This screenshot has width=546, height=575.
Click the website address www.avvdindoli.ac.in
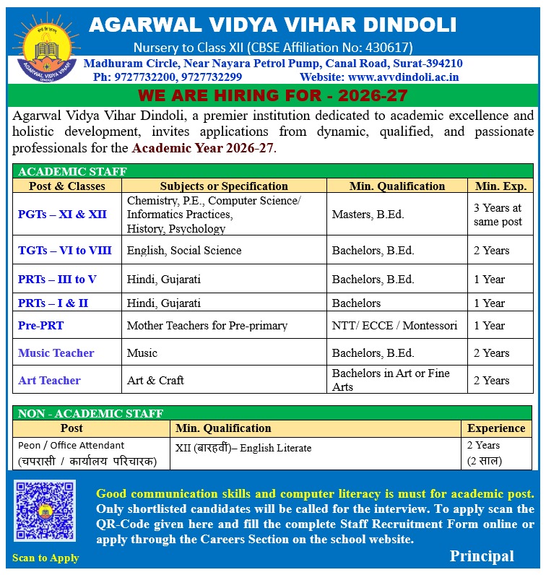pos(403,77)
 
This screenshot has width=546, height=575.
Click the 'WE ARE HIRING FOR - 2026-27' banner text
pos(273,95)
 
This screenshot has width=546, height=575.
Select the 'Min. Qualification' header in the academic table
pos(397,186)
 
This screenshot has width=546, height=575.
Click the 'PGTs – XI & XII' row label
pos(62,215)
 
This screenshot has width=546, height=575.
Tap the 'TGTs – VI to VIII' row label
pos(65,251)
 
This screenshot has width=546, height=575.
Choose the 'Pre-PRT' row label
pos(41,326)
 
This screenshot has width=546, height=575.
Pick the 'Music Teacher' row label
pos(56,353)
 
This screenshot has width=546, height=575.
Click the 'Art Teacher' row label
pos(49,381)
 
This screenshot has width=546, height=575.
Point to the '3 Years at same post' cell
pos(498,215)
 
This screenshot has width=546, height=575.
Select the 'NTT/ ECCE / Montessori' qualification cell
pos(394,326)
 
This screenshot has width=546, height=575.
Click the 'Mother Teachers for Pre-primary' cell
pos(207,326)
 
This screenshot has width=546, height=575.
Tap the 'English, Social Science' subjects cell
pos(184,251)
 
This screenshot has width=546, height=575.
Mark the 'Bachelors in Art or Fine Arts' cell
pos(391,380)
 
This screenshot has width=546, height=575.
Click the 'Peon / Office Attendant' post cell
pos(71,446)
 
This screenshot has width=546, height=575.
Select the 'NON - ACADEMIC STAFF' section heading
pos(90,414)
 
